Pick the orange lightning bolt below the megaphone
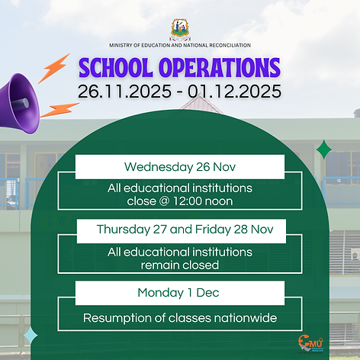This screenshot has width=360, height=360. pos(59,110)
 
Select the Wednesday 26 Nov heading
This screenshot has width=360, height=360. pos(180,167)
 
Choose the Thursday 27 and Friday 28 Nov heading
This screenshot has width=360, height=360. pos(180,230)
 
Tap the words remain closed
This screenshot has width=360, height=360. pos(180,265)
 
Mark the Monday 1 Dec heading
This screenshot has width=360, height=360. pos(180,293)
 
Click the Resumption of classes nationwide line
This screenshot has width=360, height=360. pos(180,318)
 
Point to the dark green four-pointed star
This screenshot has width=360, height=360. pos(324,149)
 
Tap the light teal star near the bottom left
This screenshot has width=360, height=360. pos(31,336)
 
